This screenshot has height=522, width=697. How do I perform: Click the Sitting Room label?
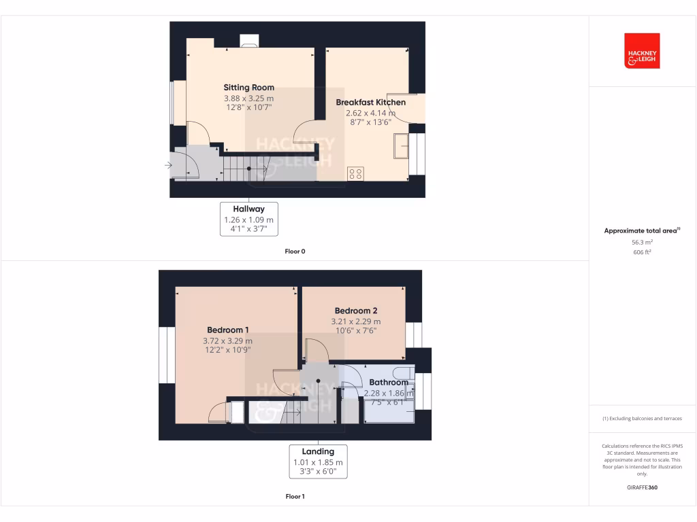click(249, 88)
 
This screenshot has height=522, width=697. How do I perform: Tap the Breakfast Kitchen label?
click(370, 103)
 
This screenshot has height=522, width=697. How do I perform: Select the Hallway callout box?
click(249, 218)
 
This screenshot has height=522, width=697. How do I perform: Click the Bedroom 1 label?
click(227, 330)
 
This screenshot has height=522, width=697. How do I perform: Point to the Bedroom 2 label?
click(356, 311)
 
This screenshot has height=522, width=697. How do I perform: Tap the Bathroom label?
click(389, 383)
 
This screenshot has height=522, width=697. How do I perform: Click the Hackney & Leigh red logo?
click(642, 51)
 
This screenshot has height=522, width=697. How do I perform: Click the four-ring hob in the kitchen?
click(355, 173)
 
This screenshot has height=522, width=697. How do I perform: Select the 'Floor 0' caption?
click(295, 251)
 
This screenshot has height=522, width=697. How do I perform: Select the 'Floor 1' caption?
click(295, 497)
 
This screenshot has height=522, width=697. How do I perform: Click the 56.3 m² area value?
click(642, 241)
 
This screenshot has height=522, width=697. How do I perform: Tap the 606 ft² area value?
click(642, 251)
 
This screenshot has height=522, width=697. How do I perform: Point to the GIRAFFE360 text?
click(642, 487)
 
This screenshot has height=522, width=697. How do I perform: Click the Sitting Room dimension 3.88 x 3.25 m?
click(249, 98)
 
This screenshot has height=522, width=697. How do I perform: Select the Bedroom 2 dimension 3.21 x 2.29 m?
click(356, 321)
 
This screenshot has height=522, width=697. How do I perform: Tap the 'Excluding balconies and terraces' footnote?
click(642, 419)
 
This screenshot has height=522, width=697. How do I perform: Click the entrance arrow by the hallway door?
click(167, 164)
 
